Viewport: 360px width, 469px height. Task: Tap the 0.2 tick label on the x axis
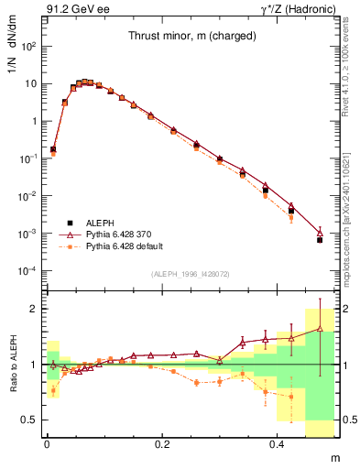click(162, 442)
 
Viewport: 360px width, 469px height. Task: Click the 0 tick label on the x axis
click(47, 442)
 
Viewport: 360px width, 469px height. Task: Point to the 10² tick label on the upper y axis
click(29, 45)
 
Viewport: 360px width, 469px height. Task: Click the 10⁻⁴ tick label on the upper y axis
click(28, 271)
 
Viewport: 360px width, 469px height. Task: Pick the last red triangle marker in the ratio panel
click(320, 328)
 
